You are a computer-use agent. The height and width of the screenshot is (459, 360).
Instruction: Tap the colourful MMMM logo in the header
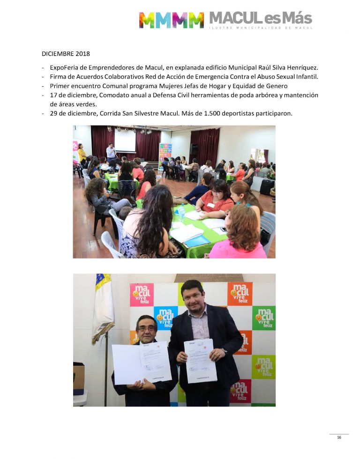pos(171,20)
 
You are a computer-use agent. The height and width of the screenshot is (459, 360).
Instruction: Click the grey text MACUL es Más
pos(260,18)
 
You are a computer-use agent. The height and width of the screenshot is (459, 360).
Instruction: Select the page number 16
pos(339,437)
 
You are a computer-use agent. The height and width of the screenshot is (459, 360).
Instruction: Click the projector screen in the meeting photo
pos(125,141)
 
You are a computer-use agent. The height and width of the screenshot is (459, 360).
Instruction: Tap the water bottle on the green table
pos(181,212)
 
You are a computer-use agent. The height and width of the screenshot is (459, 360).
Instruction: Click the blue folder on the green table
pos(197,240)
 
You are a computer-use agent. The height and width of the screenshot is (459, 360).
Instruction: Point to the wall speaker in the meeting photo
pos(194,149)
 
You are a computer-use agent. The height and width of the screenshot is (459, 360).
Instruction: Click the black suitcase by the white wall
pos(267,187)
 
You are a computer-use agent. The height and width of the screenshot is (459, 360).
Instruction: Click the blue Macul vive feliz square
pos(166,318)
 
